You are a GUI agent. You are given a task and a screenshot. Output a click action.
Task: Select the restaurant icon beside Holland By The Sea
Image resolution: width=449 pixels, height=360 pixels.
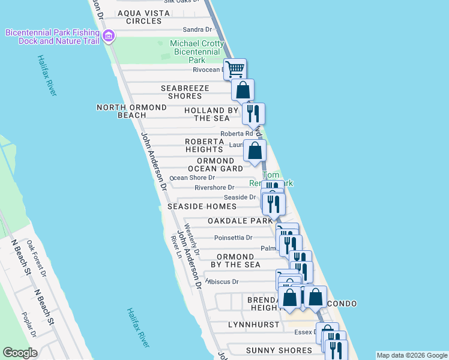[x=253, y=113]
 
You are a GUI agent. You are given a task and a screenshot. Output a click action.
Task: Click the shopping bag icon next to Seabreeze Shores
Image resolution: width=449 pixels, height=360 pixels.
[x=243, y=91]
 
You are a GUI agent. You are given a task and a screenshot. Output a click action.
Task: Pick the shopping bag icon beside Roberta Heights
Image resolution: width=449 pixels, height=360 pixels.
[x=255, y=151]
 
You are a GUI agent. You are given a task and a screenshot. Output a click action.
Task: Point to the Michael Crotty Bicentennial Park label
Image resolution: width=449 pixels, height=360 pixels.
[x=197, y=52]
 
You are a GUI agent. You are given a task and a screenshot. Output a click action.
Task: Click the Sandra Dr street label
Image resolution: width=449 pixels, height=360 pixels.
[x=197, y=29]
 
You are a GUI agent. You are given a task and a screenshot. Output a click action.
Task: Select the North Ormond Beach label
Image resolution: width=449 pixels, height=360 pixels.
[x=131, y=111]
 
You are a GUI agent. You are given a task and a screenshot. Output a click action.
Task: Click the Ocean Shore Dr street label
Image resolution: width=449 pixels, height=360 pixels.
[x=192, y=178]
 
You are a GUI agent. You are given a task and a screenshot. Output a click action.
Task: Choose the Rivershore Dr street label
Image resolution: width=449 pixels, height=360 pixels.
[x=214, y=188]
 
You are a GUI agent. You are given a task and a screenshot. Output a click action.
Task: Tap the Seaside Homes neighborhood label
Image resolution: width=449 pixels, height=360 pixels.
[x=202, y=206]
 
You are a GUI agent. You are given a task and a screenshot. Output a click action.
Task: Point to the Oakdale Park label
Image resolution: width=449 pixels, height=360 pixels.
[x=240, y=221]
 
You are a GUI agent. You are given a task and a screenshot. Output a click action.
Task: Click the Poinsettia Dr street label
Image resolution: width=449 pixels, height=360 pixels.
[x=233, y=238]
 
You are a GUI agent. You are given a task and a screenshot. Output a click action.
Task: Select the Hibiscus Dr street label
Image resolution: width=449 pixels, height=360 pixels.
[x=222, y=281]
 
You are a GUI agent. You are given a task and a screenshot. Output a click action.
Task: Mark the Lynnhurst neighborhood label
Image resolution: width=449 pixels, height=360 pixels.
[x=253, y=325]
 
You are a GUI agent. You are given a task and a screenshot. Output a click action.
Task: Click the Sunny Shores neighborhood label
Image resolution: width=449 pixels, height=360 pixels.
[x=279, y=350]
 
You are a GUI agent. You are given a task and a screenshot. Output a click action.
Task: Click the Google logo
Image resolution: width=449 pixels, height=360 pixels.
[x=20, y=353]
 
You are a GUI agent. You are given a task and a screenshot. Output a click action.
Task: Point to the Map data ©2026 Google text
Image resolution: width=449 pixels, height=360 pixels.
[x=411, y=355]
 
